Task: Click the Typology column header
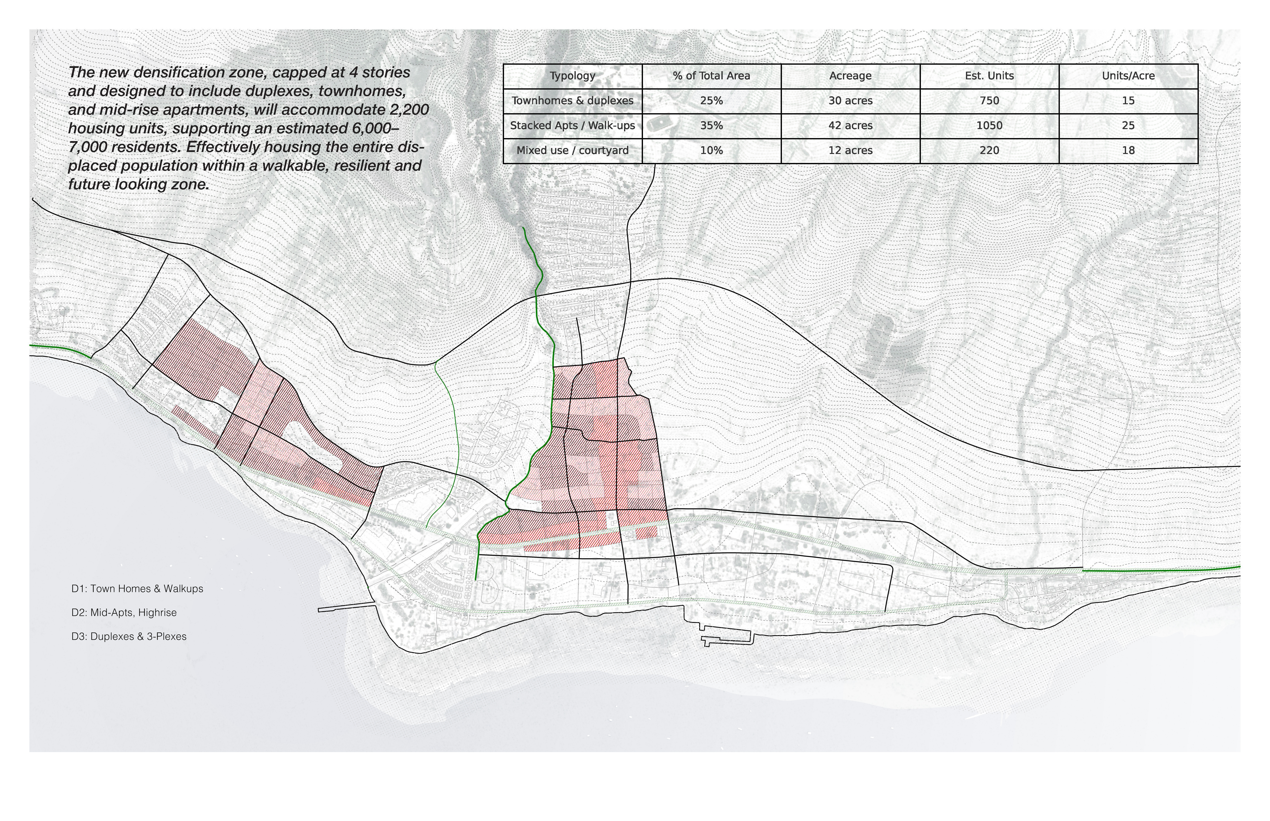pyautogui.click(x=572, y=76)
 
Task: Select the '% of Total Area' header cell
pyautogui.click(x=711, y=76)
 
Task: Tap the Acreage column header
pyautogui.click(x=850, y=76)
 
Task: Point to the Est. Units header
pyautogui.click(x=989, y=76)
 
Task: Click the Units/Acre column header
pyautogui.click(x=1128, y=76)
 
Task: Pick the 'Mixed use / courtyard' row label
pyautogui.click(x=572, y=150)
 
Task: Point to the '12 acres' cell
pyautogui.click(x=850, y=150)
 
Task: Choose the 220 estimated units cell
pyautogui.click(x=989, y=150)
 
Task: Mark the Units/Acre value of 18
pyautogui.click(x=1128, y=150)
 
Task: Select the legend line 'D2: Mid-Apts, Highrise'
pyautogui.click(x=124, y=613)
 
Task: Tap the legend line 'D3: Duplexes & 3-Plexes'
pyautogui.click(x=128, y=637)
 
